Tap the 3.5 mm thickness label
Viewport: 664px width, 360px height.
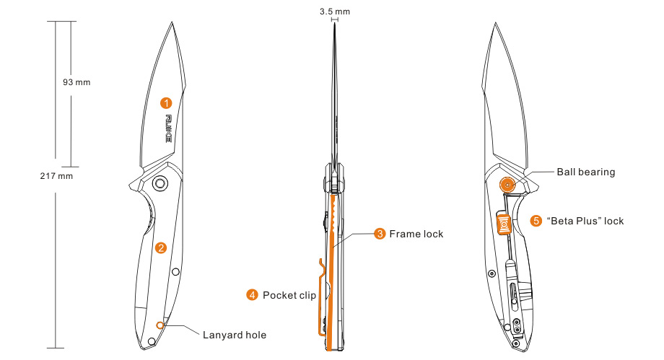[334, 12]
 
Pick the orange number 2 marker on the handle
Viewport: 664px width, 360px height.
[161, 247]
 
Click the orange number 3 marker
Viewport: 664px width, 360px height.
[380, 234]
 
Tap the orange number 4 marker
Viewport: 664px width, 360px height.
[253, 294]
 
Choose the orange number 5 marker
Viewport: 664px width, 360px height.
[536, 221]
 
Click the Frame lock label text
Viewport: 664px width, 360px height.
[416, 234]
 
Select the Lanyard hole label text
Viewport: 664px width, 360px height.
[235, 335]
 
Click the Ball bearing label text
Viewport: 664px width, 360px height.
[585, 172]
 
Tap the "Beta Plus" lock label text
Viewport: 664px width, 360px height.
[585, 221]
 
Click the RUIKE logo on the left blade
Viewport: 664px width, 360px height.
[169, 128]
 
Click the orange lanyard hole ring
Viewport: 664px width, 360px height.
[160, 325]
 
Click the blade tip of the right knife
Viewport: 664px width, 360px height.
[495, 24]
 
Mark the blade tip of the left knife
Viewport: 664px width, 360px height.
[174, 24]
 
